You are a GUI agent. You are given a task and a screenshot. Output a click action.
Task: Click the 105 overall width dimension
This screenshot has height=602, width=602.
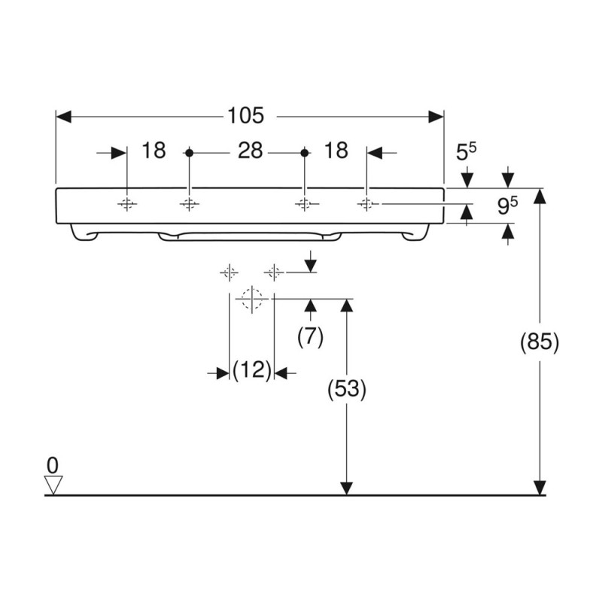(x=246, y=115)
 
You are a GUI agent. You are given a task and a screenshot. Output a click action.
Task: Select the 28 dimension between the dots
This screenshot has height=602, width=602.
(x=251, y=150)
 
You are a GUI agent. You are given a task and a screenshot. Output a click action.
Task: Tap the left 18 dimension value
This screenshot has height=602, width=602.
(x=154, y=150)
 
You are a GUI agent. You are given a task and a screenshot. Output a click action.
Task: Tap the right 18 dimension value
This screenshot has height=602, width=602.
(x=336, y=150)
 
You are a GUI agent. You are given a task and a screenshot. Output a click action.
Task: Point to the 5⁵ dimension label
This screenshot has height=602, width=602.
(x=466, y=152)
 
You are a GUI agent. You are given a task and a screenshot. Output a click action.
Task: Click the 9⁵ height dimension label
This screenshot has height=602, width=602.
(x=507, y=206)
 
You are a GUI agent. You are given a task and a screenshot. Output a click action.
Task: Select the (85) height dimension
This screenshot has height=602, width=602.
(x=540, y=342)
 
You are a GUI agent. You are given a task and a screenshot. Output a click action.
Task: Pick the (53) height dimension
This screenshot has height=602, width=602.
(x=347, y=389)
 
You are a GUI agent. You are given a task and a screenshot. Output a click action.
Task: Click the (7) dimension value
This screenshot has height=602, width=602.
(x=310, y=337)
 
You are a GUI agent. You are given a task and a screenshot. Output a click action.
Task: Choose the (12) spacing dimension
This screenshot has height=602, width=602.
(x=252, y=370)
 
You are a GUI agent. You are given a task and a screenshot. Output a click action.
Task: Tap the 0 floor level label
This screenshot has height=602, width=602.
(x=53, y=466)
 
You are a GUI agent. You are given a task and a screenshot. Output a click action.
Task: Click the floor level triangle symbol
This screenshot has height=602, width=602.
(x=53, y=485)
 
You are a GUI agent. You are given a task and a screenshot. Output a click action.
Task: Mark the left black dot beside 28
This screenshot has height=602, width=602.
(x=189, y=153)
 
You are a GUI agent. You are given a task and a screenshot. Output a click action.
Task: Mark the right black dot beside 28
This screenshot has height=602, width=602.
(x=305, y=153)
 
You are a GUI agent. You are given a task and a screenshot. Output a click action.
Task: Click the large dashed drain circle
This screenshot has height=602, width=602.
(x=252, y=298)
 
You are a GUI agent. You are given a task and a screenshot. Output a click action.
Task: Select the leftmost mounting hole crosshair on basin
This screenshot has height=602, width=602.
(x=126, y=204)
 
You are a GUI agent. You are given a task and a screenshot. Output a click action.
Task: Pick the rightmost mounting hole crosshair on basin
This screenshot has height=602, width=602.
(x=366, y=204)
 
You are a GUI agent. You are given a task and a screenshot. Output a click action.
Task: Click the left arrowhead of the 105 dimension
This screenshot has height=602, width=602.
(x=64, y=117)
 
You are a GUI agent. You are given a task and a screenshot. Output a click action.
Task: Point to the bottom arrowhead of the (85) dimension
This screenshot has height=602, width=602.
(x=540, y=488)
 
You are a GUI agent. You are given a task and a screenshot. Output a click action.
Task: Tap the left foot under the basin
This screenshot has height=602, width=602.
(x=83, y=233)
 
